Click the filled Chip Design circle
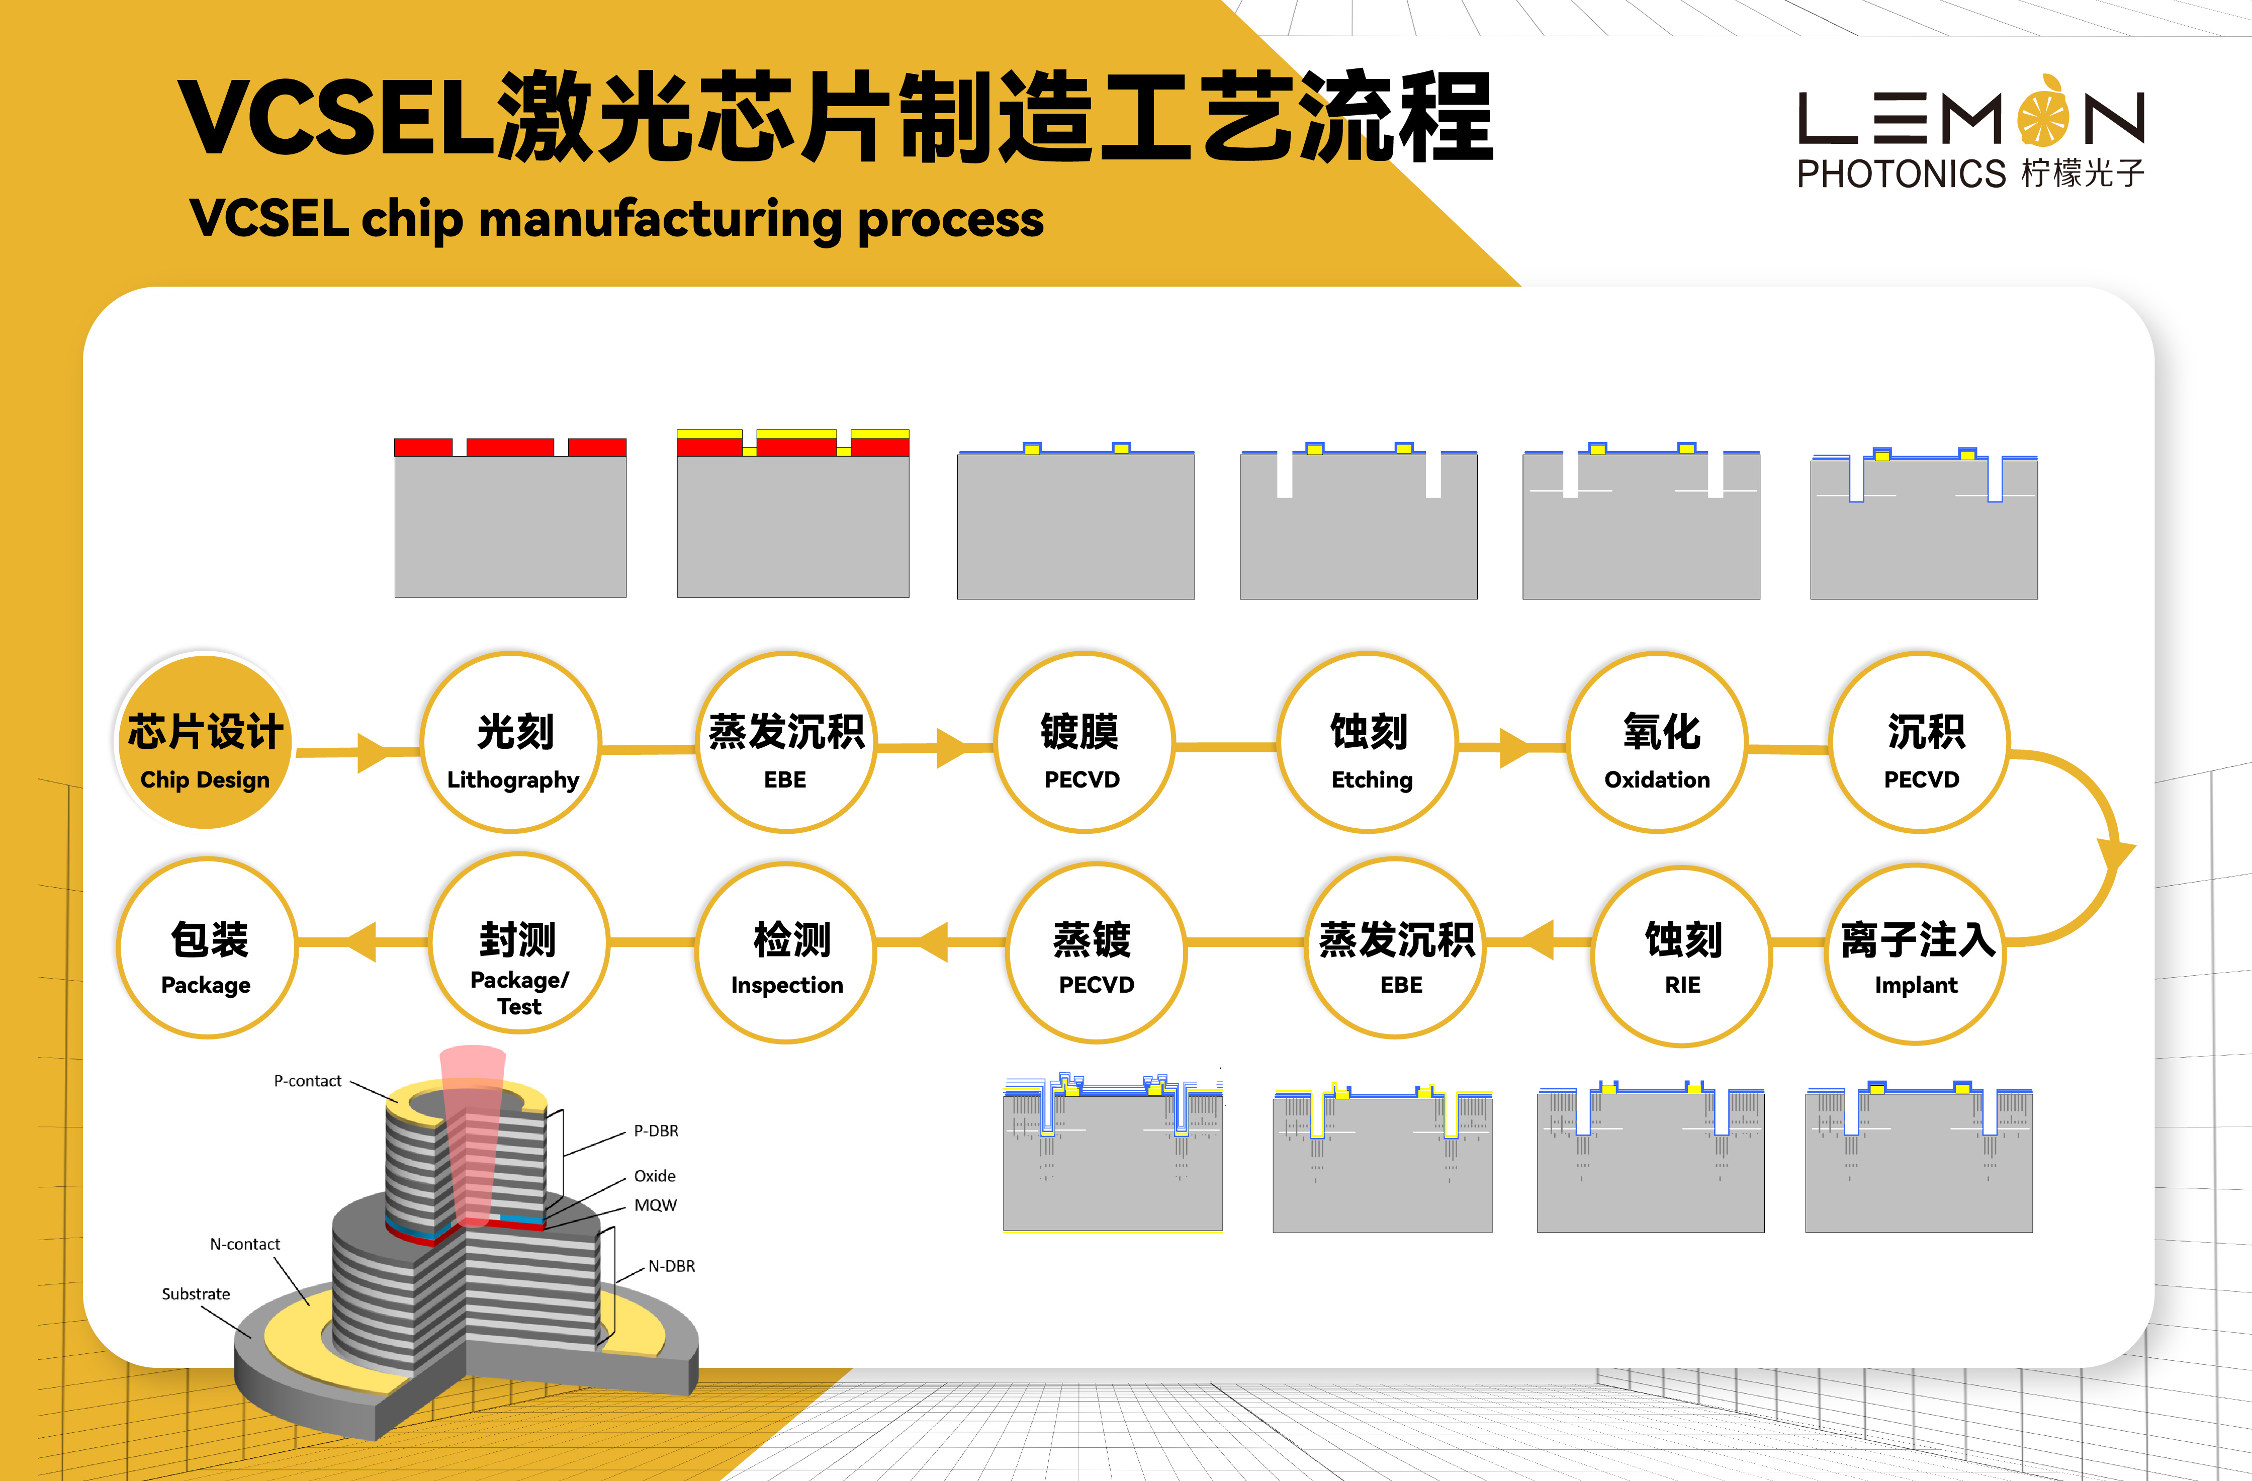pyautogui.click(x=205, y=741)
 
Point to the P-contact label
pyautogui.click(x=308, y=1081)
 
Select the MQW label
pyautogui.click(x=655, y=1205)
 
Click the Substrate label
pyautogui.click(x=196, y=1293)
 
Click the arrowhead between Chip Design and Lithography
pyautogui.click(x=374, y=752)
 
